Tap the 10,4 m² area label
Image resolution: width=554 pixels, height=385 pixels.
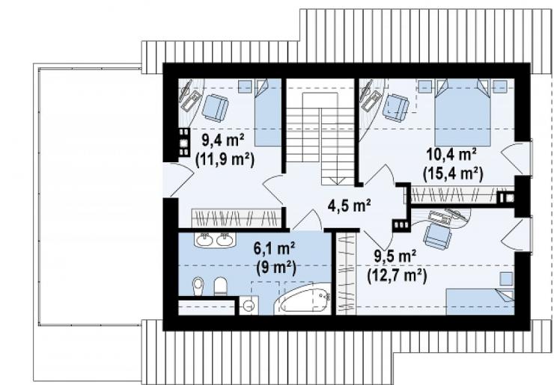click(451, 154)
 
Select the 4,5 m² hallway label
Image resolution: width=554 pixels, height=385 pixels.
click(349, 206)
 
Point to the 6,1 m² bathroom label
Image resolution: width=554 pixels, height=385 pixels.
click(275, 248)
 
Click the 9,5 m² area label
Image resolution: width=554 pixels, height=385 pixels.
click(395, 256)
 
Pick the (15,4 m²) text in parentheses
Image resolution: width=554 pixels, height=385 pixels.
click(453, 173)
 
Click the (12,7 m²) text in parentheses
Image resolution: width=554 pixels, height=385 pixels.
click(397, 275)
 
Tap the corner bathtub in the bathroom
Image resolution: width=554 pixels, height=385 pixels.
click(303, 301)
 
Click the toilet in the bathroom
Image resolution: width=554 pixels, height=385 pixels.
click(220, 286)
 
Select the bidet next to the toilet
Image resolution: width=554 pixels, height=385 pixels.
click(198, 286)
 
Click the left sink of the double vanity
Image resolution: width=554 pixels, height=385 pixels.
click(204, 240)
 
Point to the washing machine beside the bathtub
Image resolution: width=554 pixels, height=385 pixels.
click(249, 305)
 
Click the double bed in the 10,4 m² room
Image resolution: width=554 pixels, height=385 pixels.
click(463, 112)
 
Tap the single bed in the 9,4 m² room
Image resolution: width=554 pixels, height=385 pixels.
click(268, 112)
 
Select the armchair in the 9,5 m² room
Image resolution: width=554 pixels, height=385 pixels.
click(437, 235)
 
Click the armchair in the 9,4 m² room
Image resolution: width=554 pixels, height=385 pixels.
click(215, 108)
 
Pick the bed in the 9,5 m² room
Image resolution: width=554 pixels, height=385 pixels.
click(480, 302)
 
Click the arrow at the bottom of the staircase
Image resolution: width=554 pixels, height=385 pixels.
click(338, 181)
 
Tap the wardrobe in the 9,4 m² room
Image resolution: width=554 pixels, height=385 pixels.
click(236, 218)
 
